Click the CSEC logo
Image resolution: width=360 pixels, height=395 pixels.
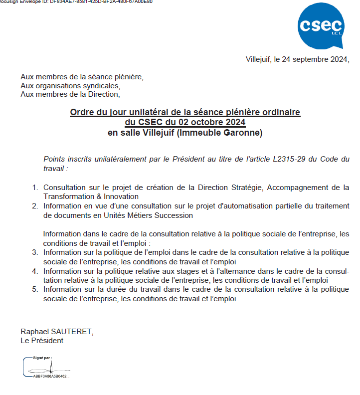tap(320, 26)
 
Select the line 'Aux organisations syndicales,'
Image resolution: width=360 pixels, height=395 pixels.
tap(70, 85)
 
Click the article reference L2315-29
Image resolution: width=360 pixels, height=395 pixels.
tap(291, 159)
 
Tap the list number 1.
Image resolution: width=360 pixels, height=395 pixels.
tap(35, 188)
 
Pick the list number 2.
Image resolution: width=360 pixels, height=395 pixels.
tap(35, 206)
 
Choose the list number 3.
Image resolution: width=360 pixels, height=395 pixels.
tap(35, 252)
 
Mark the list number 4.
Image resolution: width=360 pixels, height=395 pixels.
tap(35, 271)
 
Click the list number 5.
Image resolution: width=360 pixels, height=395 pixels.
tap(35, 289)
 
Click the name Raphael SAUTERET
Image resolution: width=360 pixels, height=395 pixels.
tap(56, 332)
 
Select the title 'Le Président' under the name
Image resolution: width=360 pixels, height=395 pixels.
tap(42, 341)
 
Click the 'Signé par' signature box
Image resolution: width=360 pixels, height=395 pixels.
tap(47, 368)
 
